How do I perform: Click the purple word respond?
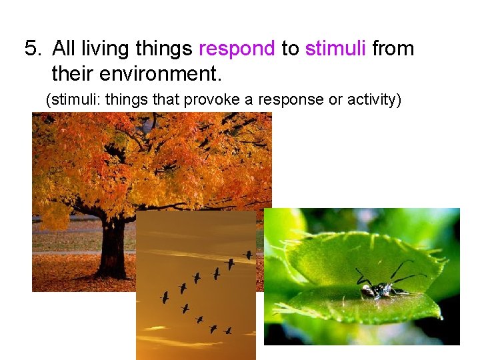(237, 49)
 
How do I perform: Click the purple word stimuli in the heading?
(335, 49)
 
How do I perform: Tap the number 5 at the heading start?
(31, 49)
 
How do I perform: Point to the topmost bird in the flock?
(247, 255)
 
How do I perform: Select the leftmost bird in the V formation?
(164, 297)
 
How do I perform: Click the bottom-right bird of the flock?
(227, 330)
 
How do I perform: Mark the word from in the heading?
(393, 49)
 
